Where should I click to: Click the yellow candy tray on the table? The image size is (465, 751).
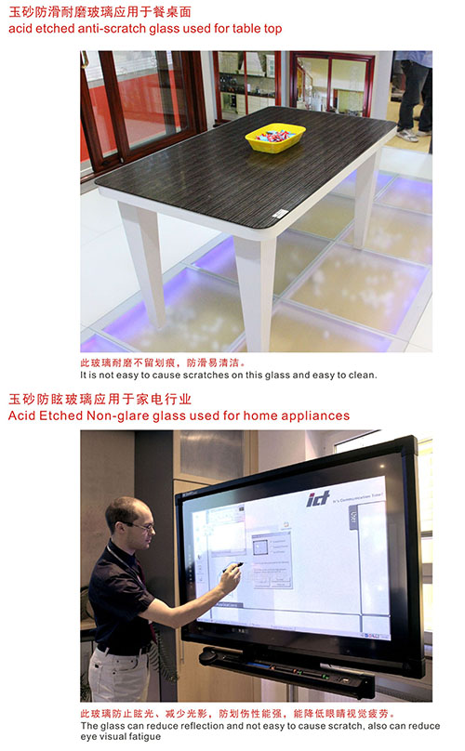[274, 138]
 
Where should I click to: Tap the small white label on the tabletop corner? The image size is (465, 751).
[280, 214]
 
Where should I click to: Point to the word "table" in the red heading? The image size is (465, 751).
[246, 29]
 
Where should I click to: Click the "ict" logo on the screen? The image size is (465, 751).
[318, 498]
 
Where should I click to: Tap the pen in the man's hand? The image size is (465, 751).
[233, 568]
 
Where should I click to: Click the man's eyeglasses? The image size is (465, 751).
[140, 526]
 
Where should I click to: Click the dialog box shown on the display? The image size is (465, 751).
[272, 560]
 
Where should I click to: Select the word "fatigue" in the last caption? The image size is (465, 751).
[143, 737]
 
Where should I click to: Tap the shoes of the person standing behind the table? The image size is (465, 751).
[413, 135]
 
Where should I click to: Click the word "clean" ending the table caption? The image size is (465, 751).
[363, 375]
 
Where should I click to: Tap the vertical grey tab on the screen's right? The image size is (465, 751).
[353, 518]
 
